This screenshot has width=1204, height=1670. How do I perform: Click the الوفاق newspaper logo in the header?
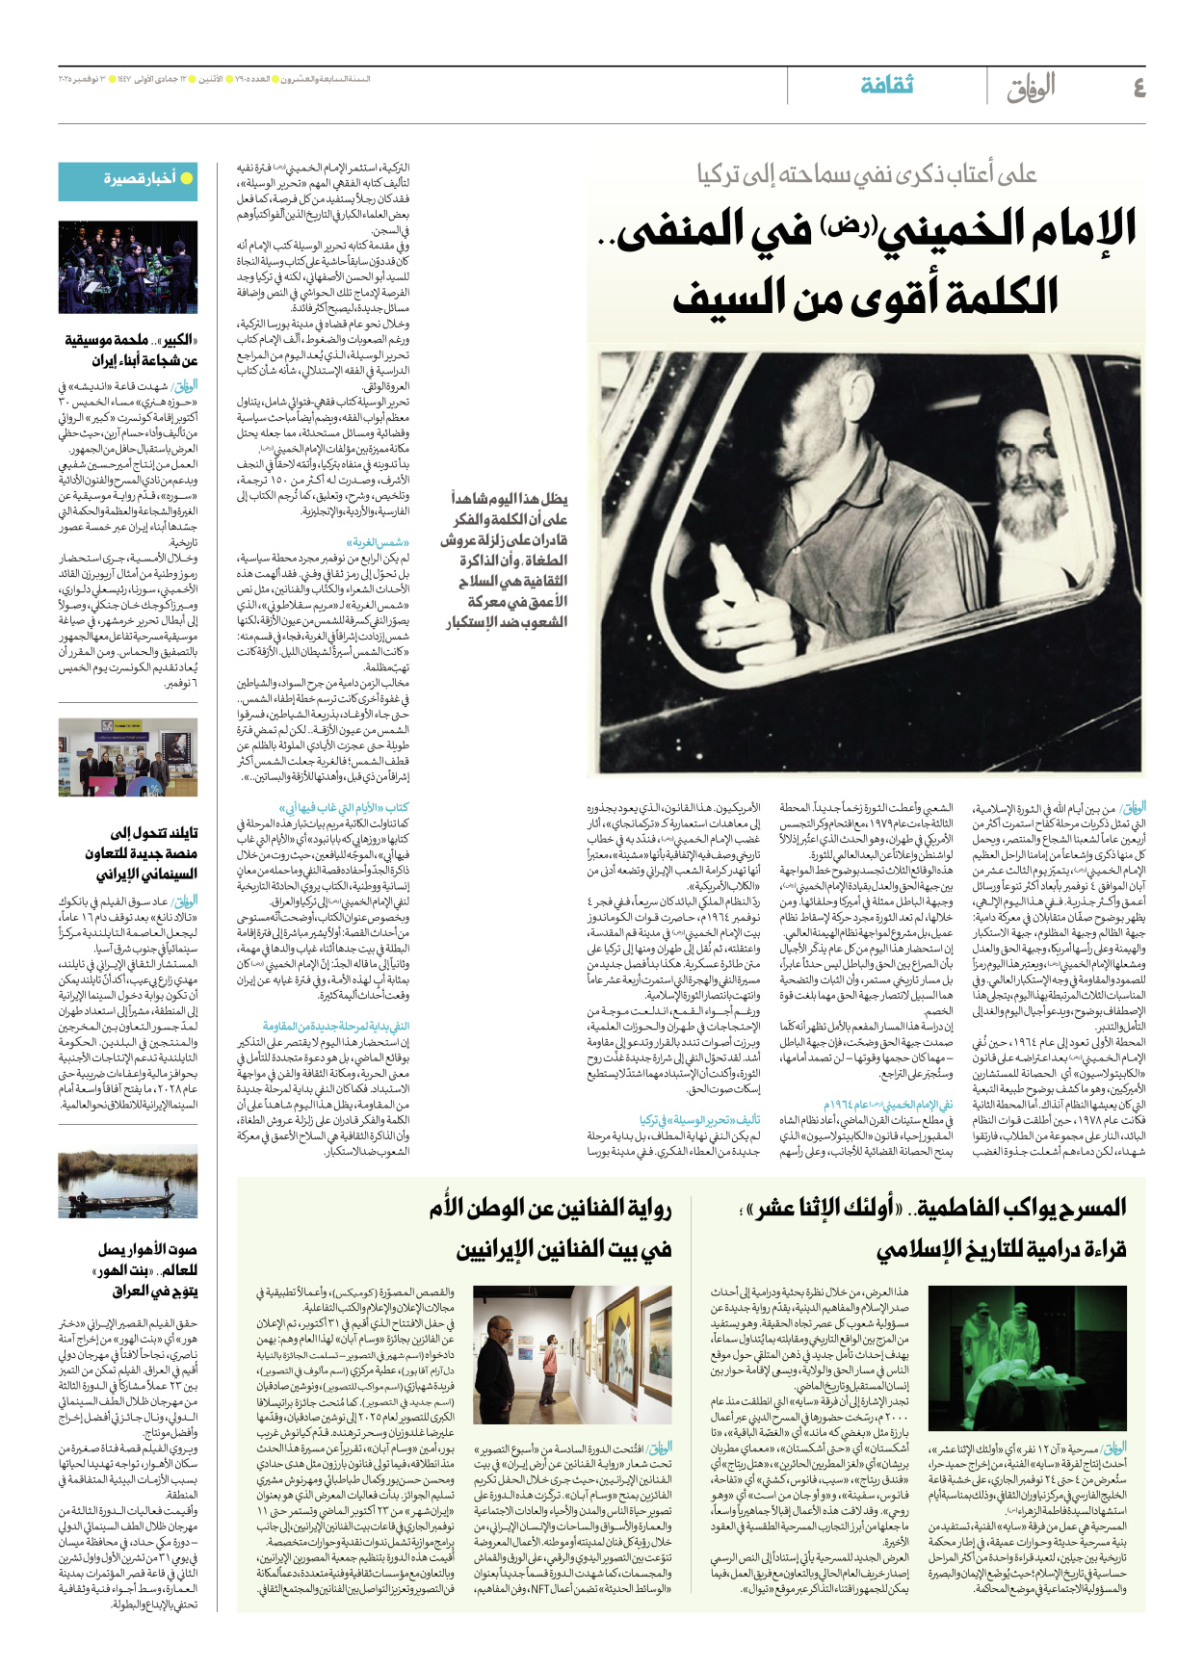[x=1031, y=88]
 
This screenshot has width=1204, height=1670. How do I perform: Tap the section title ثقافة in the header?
[x=886, y=86]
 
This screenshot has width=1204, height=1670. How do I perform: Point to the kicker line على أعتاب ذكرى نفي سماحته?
[x=867, y=174]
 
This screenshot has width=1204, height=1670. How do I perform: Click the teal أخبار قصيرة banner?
[x=128, y=180]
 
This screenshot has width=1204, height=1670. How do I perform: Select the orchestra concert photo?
[x=128, y=267]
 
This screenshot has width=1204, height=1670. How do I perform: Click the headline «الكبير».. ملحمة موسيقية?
[x=131, y=351]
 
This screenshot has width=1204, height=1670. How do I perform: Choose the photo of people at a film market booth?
[x=128, y=757]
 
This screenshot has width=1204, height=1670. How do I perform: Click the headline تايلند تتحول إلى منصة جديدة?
[x=146, y=853]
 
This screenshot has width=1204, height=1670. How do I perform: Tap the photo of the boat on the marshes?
[x=128, y=1182]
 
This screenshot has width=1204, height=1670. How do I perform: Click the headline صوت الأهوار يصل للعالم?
[x=146, y=1269]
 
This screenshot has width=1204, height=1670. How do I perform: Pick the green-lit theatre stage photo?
[x=1027, y=1358]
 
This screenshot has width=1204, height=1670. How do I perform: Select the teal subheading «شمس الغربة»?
[x=379, y=542]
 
